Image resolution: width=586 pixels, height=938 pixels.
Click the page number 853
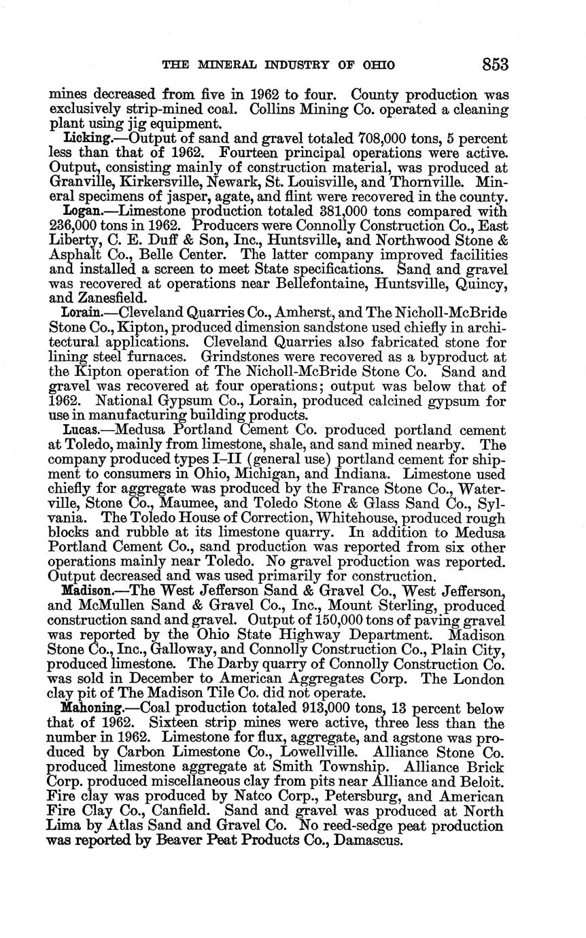(x=495, y=65)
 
